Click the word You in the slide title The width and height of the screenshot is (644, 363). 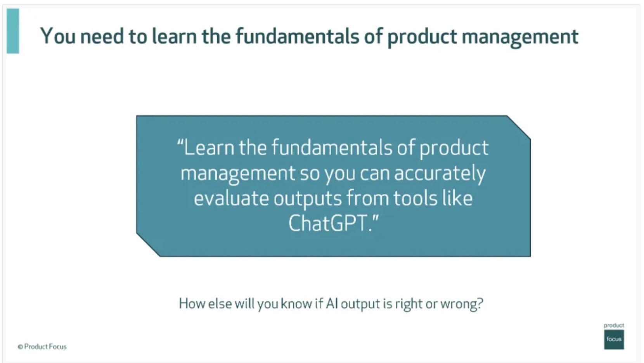(58, 36)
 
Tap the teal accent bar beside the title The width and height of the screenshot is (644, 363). (13, 31)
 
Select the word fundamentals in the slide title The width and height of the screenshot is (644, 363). (297, 36)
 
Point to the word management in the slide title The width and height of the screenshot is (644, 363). (520, 37)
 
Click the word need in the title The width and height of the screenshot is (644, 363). (102, 36)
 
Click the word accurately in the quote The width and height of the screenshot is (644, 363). (440, 174)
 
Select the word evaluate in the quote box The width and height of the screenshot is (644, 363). (231, 198)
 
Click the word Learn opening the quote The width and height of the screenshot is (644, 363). (209, 147)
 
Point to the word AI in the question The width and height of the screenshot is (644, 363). (332, 304)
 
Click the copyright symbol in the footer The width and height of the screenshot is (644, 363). (20, 347)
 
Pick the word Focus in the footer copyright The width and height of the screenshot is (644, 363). (57, 347)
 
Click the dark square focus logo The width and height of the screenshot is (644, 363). (614, 339)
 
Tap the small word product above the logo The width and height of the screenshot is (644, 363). (613, 325)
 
